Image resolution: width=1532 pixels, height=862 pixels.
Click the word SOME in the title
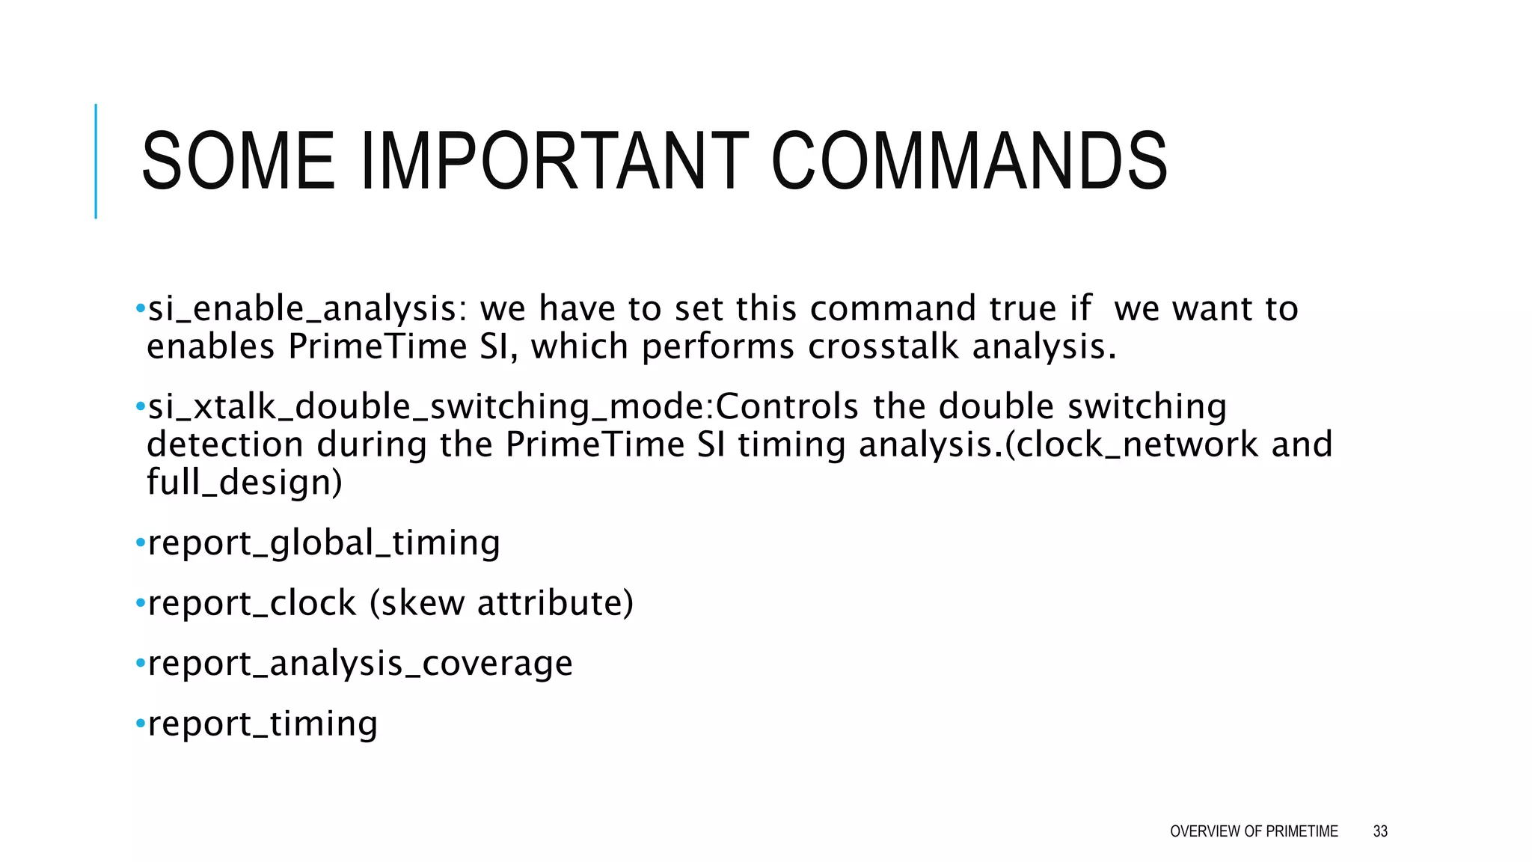point(238,162)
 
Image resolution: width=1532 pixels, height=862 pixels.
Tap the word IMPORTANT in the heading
point(554,162)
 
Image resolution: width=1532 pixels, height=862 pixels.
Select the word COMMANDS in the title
point(969,162)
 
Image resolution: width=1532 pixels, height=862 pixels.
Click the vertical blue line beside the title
point(96,161)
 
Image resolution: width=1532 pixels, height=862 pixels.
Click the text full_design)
point(245,483)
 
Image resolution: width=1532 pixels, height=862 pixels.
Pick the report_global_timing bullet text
point(324,543)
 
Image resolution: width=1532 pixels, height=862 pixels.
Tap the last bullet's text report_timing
point(263,724)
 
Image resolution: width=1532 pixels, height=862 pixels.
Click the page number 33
point(1380,831)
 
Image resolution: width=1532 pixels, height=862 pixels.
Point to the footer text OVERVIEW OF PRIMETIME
point(1254,831)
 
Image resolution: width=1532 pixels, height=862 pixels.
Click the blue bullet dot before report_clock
point(140,603)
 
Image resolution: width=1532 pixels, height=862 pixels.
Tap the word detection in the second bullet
point(225,445)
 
